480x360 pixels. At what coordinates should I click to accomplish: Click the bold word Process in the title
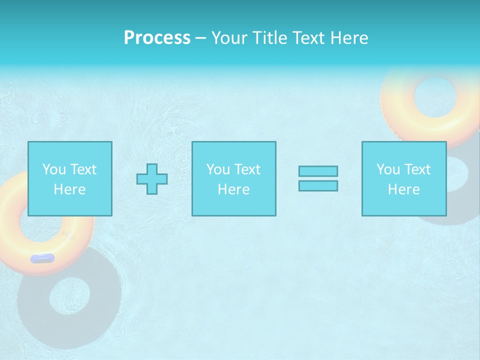coord(157,38)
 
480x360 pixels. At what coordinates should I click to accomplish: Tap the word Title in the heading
coord(269,38)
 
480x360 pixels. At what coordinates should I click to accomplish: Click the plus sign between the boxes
coord(152,178)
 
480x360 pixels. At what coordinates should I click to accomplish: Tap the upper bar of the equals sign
coord(318,171)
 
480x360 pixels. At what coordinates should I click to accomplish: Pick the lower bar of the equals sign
coord(318,185)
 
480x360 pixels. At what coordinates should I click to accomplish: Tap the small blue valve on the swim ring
coord(42,258)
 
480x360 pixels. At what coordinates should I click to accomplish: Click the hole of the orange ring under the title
coord(435,98)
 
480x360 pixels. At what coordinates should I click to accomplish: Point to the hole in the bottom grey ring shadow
coord(70,298)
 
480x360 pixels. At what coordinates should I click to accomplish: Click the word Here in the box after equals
coord(404,189)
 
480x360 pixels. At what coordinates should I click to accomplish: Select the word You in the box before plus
coord(54,169)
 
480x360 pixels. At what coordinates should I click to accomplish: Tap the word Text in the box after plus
coord(247,169)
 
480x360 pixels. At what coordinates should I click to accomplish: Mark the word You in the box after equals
coord(388,169)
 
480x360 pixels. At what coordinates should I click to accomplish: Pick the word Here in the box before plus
coord(69,189)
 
